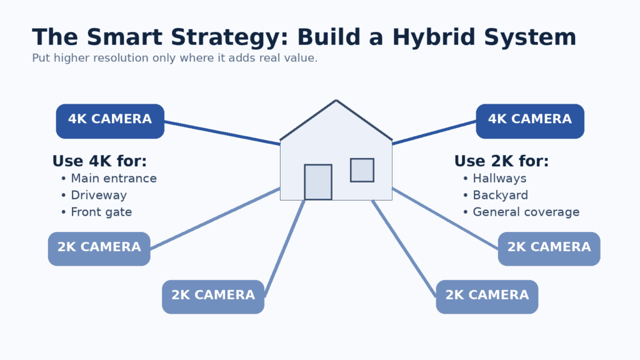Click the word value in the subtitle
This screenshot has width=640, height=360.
point(299,58)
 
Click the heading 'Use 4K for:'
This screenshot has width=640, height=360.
point(99,161)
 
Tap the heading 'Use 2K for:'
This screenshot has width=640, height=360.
point(501,161)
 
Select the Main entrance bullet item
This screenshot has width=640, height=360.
point(114,179)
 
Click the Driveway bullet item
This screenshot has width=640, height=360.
point(99,196)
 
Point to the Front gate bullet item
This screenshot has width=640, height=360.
point(101,212)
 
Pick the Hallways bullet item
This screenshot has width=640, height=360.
point(499,179)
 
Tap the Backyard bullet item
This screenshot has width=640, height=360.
point(500,196)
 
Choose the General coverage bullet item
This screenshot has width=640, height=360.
point(526,212)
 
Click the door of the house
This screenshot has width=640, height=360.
point(318,182)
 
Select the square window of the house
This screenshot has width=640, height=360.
point(362,170)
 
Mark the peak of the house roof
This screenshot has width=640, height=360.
point(336,101)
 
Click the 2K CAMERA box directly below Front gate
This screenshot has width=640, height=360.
point(99,248)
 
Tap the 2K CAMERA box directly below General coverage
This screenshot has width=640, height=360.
point(549,248)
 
